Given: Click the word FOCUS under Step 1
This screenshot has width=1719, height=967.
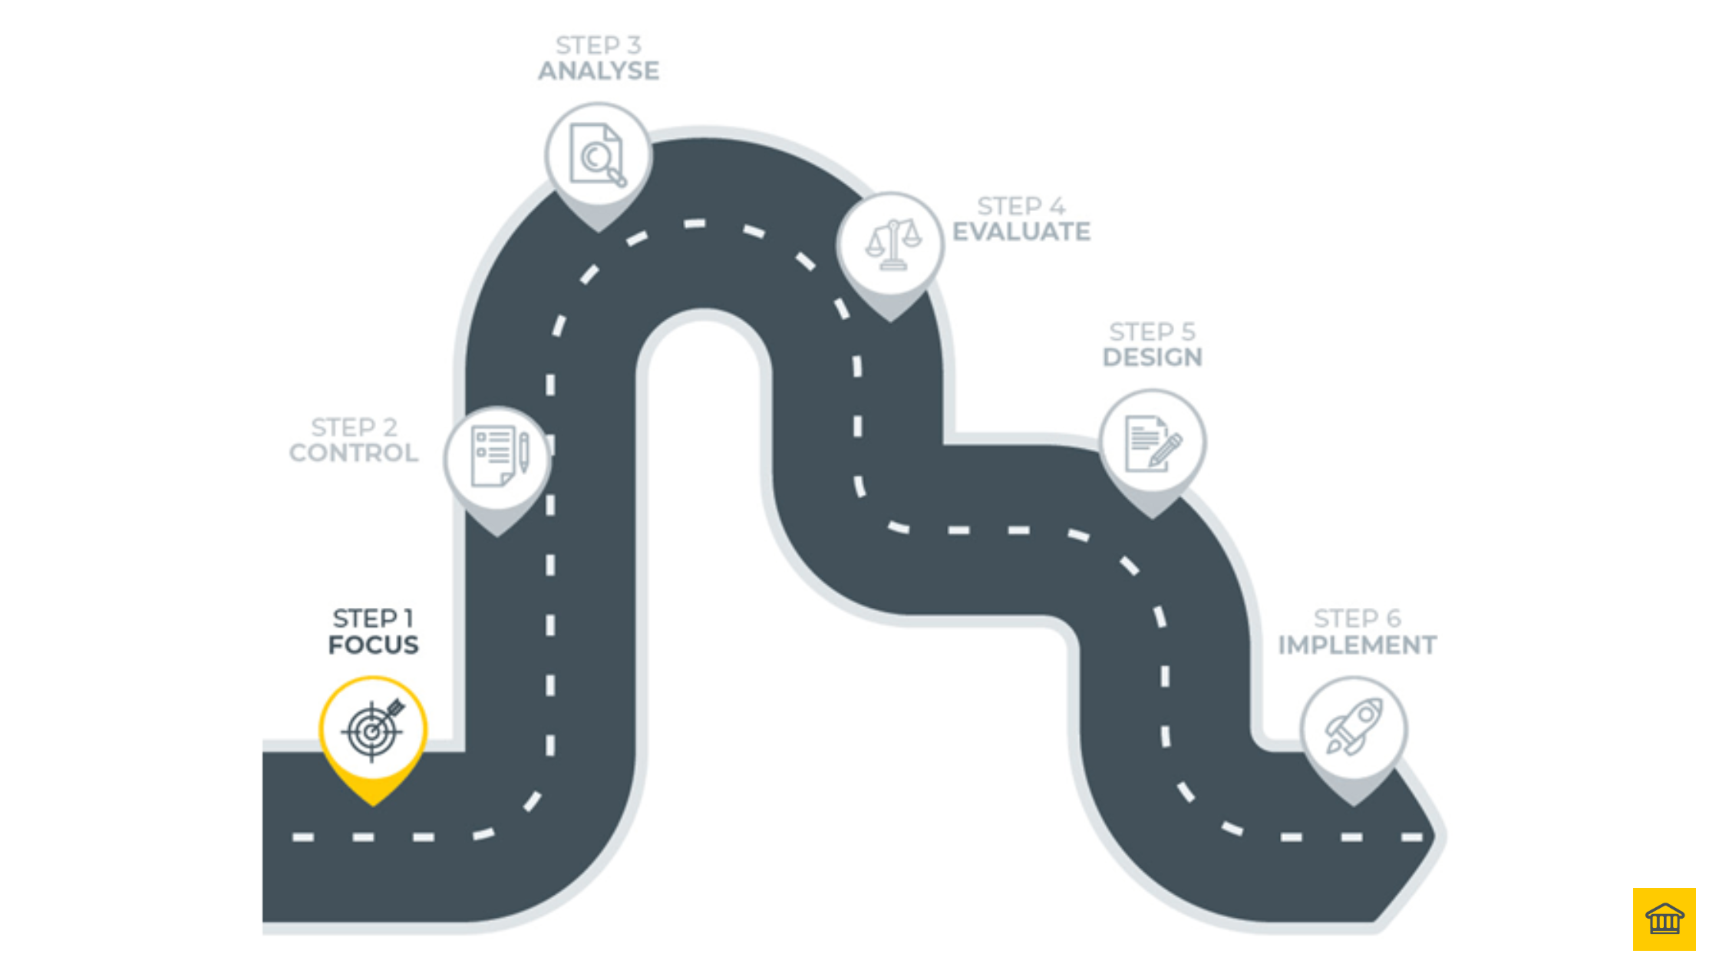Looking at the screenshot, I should tap(373, 645).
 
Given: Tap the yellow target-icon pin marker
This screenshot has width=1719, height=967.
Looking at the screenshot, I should tap(373, 731).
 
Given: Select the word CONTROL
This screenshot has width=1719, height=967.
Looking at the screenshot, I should tap(354, 453).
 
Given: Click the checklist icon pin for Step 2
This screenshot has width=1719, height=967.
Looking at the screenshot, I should tap(497, 458).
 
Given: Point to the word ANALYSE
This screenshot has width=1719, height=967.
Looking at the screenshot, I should tap(599, 71).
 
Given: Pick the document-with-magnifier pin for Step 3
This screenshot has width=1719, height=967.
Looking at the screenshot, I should tap(599, 156).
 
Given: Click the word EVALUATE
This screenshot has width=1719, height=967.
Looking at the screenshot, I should tap(1021, 232).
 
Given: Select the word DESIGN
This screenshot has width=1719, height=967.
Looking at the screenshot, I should tap(1152, 358).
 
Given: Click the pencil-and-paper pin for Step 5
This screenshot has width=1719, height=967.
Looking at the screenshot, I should tap(1152, 443).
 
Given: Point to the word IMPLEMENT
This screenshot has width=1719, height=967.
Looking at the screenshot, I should tap(1357, 645).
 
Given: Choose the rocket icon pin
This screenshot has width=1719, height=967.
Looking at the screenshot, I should tap(1354, 729).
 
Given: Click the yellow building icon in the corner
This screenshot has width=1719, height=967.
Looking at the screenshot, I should tap(1664, 919).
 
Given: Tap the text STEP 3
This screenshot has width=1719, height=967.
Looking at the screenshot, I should tap(599, 45).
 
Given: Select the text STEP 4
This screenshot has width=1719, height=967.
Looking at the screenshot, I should tap(1021, 206).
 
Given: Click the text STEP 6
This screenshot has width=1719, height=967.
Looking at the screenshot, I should tap(1357, 619).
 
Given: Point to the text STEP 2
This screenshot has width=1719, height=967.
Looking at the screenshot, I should tap(354, 427).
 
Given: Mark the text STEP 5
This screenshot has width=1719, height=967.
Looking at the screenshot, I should tap(1152, 332).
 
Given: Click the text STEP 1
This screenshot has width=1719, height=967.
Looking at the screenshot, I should tap(373, 619).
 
